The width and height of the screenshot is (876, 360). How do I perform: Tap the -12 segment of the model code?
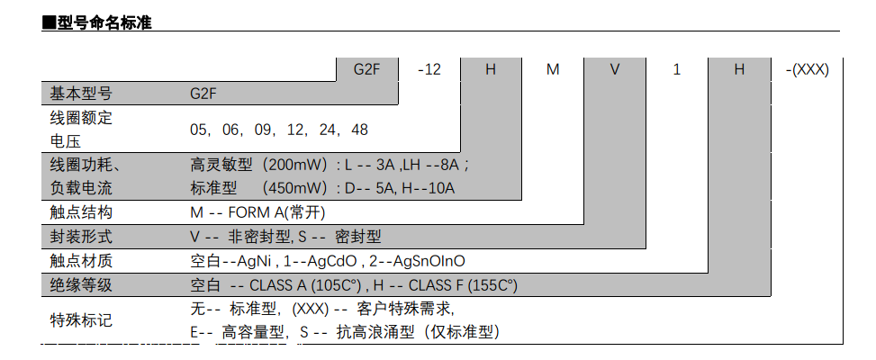(x=429, y=69)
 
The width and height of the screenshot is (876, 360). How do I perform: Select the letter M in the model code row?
(x=553, y=69)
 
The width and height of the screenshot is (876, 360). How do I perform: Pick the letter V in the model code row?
(x=615, y=69)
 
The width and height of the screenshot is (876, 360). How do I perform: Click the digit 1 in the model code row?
(x=676, y=69)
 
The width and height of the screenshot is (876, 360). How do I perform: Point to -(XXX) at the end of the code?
(x=807, y=69)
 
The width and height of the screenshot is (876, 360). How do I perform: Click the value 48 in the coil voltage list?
(x=359, y=130)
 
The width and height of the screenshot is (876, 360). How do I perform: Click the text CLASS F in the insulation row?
(x=438, y=285)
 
